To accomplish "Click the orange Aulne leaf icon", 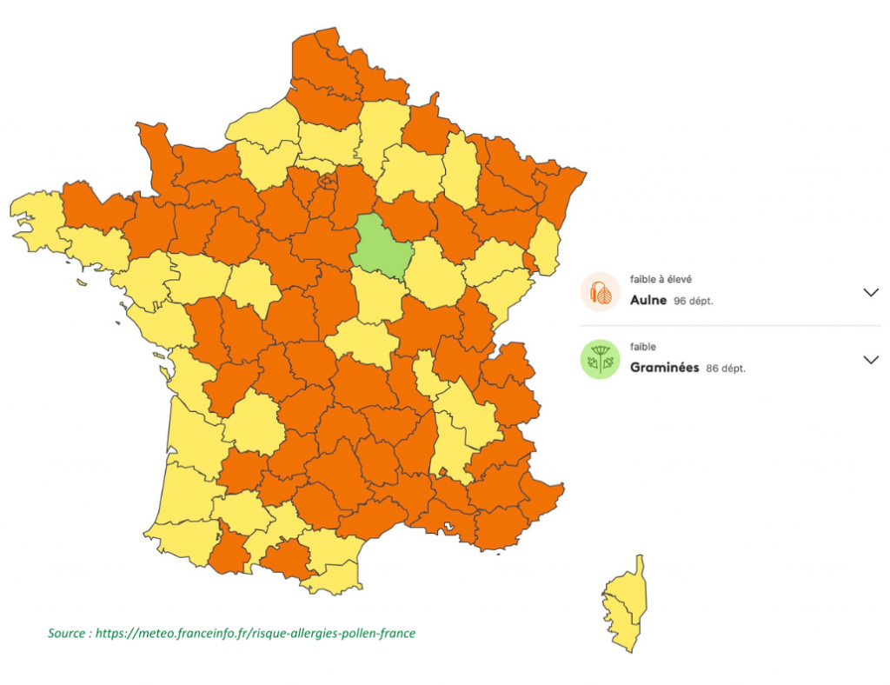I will [600, 293].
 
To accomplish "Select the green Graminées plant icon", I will [600, 360].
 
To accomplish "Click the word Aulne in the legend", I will [648, 300].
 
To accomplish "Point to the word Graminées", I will [665, 367].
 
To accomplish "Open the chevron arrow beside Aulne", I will [872, 293].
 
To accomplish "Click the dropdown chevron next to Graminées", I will [872, 360].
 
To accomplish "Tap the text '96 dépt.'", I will [694, 301].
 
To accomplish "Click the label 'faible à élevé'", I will [660, 279].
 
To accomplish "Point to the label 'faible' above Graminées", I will [643, 346].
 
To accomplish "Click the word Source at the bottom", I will [66, 634].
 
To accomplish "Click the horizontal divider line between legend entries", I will [730, 327].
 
